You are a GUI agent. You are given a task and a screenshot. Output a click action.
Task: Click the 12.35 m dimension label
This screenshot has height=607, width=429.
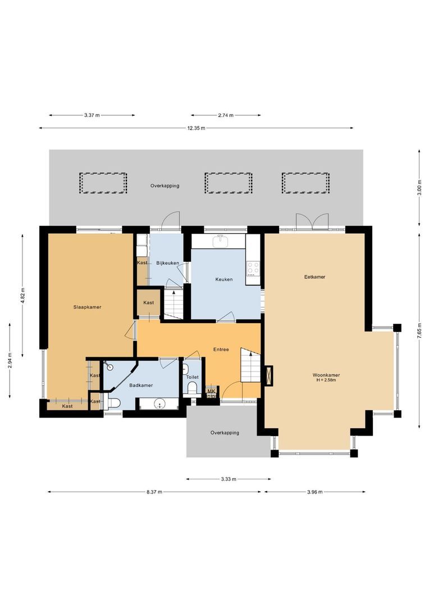[x=196, y=128]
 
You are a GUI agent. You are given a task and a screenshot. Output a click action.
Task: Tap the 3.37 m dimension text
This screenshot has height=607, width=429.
[x=92, y=115]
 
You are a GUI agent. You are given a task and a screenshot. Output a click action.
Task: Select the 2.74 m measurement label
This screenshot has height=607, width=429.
[x=226, y=115]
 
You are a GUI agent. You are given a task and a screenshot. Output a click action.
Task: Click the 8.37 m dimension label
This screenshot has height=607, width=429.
[x=154, y=492]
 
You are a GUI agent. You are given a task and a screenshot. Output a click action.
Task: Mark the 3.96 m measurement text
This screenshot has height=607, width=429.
[x=315, y=492]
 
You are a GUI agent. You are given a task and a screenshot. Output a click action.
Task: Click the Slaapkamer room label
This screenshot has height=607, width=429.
[x=87, y=307]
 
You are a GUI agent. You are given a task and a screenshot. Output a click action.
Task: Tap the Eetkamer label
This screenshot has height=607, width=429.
[x=314, y=277]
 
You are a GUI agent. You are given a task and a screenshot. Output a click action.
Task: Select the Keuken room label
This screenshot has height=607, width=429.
[x=223, y=279]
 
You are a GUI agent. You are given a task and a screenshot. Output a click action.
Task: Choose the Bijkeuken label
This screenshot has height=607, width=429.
[x=167, y=263]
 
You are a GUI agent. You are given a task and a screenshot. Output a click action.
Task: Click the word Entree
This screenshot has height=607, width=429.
[x=221, y=350]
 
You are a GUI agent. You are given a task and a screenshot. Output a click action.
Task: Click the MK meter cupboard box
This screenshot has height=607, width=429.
[x=211, y=392]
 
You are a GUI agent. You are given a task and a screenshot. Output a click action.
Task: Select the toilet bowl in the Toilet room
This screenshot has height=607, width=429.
[x=192, y=387]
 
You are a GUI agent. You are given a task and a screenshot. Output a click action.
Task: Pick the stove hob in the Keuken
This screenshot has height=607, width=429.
[x=253, y=268]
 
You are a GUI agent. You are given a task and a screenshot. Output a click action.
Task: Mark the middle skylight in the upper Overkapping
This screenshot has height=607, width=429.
[x=226, y=183]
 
